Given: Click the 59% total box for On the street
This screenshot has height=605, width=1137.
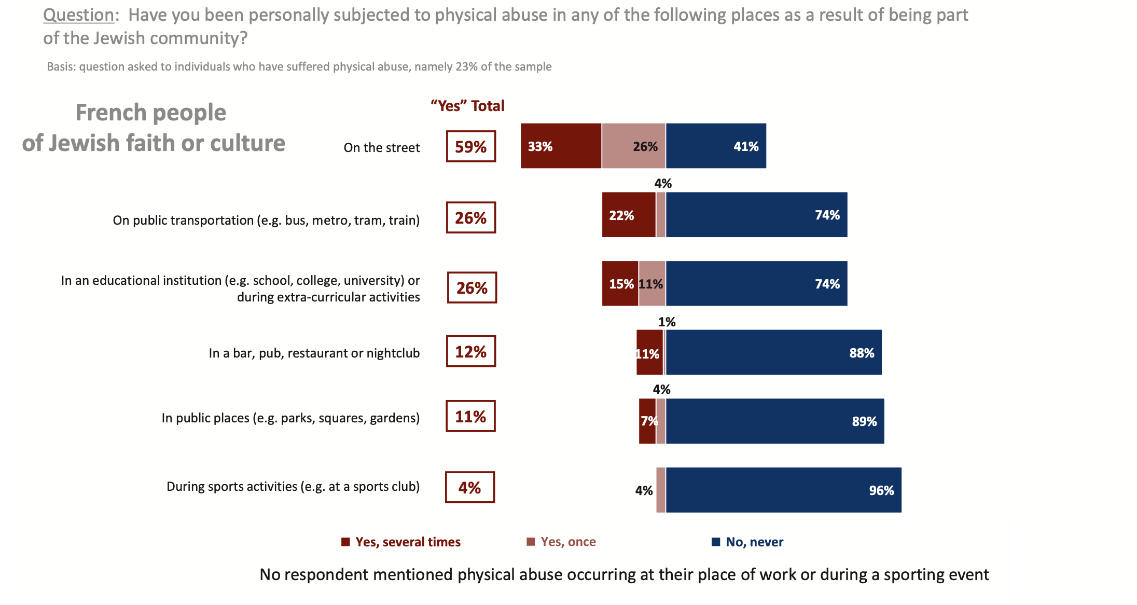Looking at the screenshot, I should click(470, 146).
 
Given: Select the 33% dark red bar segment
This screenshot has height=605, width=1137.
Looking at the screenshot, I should click(561, 146).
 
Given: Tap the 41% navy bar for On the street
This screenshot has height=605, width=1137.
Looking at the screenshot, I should click(716, 146).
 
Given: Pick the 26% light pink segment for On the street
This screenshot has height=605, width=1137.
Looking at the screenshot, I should click(633, 146).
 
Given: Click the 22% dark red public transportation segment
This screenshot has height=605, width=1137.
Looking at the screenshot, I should click(629, 215).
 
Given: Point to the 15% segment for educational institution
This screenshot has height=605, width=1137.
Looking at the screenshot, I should click(620, 283).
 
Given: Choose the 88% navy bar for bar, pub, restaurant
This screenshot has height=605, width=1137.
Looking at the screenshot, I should click(773, 352).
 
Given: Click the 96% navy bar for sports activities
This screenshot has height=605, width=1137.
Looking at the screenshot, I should click(783, 490).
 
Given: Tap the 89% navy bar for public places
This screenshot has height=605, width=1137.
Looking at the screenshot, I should click(775, 421).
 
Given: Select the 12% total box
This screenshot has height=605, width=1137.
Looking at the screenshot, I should click(470, 351).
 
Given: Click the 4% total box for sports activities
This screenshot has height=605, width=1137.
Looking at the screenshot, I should click(469, 487).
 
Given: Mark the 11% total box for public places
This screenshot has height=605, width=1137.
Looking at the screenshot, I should click(470, 416).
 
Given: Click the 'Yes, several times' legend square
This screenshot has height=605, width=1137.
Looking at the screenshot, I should click(345, 542).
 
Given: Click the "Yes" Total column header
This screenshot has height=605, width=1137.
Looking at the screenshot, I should click(467, 106).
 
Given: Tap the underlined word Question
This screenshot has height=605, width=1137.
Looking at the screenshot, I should click(78, 15).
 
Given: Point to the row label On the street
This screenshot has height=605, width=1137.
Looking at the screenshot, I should click(381, 148).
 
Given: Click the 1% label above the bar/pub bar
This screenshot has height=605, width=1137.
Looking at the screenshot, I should click(667, 322).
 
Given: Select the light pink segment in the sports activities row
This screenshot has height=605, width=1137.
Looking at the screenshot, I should click(660, 490).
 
